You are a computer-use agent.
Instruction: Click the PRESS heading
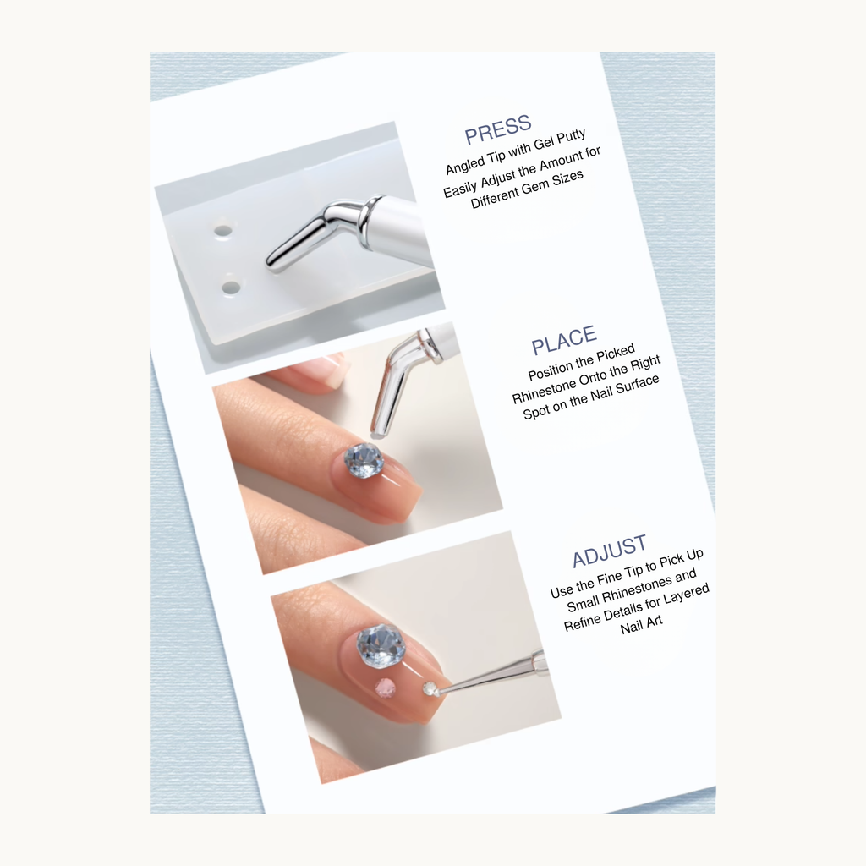pos(498,129)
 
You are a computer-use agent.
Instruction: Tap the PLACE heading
pos(564,340)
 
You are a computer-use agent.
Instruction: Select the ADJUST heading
pos(609,552)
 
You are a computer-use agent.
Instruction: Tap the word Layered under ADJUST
pos(683,595)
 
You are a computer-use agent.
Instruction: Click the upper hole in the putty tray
pos(222,230)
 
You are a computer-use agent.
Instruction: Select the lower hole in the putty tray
pos(231,288)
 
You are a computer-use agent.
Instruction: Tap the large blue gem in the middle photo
pos(364,460)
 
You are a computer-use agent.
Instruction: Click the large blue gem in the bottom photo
pos(381,646)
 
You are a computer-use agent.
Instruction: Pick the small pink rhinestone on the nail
pos(386,688)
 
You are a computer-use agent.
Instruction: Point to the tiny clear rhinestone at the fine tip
pos(430,689)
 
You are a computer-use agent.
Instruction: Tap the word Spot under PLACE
pos(538,413)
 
